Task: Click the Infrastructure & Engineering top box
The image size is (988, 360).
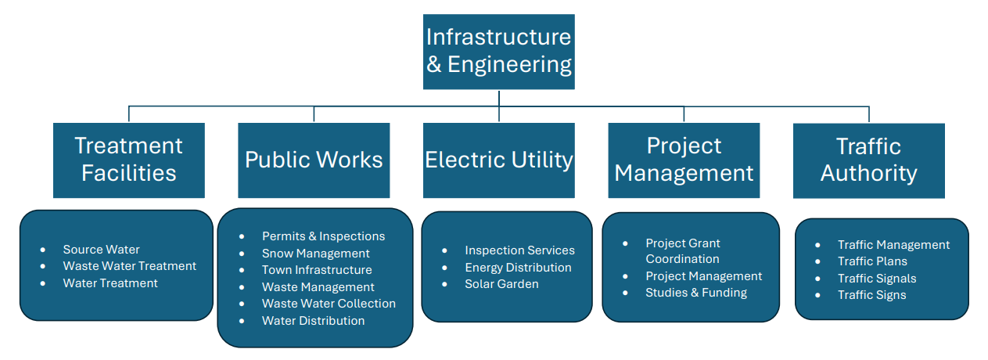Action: click(498, 51)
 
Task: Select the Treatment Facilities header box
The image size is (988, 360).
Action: click(129, 160)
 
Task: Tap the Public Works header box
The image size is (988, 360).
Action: click(314, 160)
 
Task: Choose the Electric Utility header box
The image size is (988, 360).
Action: click(499, 160)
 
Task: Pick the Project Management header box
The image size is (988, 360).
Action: click(684, 160)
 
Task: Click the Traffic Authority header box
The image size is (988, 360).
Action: click(868, 160)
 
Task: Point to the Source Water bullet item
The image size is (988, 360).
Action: click(101, 250)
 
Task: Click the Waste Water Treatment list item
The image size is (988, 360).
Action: click(129, 266)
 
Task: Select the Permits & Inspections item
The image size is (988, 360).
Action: click(323, 236)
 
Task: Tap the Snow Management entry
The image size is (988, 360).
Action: click(315, 254)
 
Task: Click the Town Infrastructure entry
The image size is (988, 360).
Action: click(317, 270)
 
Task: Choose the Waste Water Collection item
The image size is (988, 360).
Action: click(329, 304)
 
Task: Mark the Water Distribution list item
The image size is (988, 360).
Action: click(313, 321)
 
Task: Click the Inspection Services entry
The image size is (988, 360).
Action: click(519, 250)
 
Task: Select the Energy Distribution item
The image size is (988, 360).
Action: click(518, 268)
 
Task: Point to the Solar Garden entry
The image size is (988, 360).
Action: click(501, 284)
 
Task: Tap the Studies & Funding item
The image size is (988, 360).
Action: click(695, 293)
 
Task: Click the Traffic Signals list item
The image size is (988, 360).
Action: click(877, 279)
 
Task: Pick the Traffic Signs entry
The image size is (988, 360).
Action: click(871, 295)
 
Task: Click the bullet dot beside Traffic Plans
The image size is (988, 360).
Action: click(818, 262)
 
